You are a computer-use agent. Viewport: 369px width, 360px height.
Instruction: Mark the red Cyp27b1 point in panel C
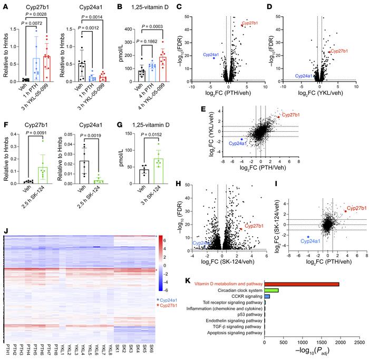tap(242, 25)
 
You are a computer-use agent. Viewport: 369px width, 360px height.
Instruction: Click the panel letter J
tap(5, 230)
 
